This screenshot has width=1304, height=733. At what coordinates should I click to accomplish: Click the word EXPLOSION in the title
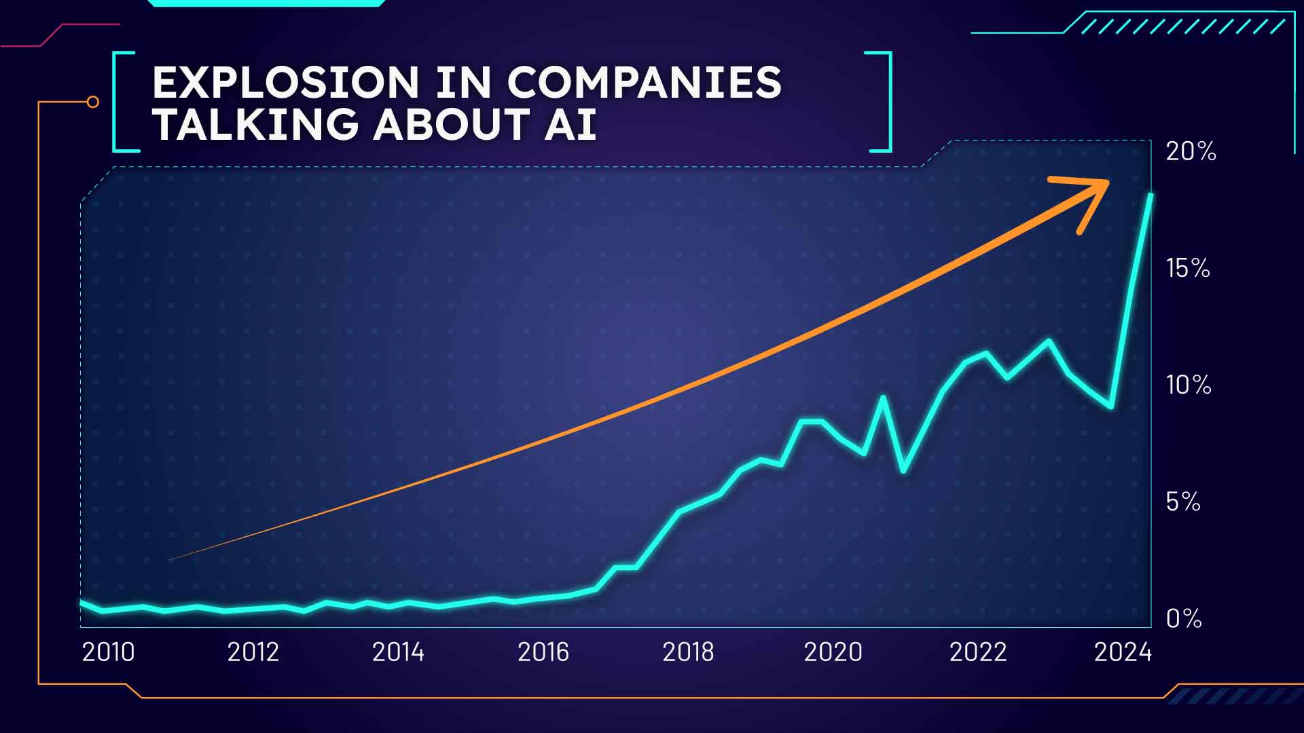tap(286, 83)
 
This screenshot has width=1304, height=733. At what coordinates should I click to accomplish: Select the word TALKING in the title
tap(255, 124)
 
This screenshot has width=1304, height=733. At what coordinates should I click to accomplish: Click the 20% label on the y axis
tap(1191, 151)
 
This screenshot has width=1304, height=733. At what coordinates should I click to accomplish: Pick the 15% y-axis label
tap(1188, 268)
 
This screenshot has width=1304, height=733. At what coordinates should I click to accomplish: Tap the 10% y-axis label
tap(1189, 385)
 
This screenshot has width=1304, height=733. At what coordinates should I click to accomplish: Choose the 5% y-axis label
tap(1183, 502)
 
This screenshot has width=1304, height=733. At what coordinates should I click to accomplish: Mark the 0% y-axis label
tap(1184, 618)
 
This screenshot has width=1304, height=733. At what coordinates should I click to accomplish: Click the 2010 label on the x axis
tap(108, 652)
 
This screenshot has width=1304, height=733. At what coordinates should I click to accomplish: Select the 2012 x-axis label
tap(253, 652)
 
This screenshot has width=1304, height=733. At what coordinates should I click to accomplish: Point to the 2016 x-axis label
tap(543, 652)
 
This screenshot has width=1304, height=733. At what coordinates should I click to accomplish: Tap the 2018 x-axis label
tap(688, 652)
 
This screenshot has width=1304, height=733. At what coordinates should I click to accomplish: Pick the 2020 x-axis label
tap(833, 652)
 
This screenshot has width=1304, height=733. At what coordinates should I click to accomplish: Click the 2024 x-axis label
tap(1123, 652)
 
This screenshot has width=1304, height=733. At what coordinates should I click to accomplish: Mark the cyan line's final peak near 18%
tap(1151, 195)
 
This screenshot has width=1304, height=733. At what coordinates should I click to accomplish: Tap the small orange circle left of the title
tap(93, 102)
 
